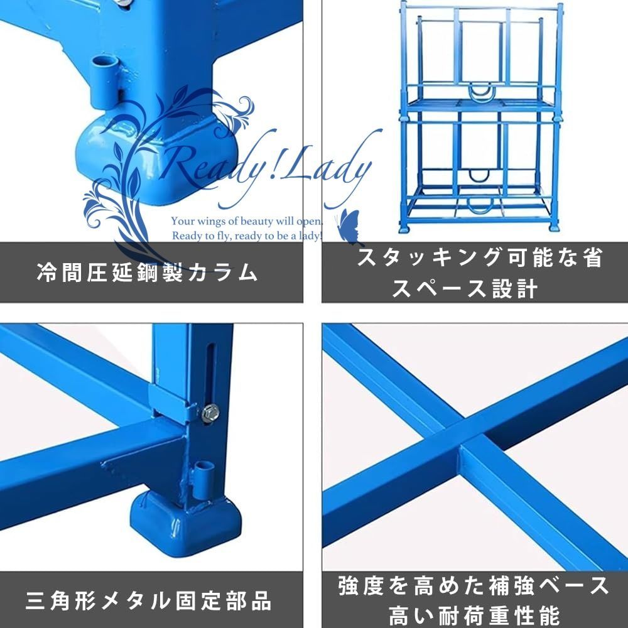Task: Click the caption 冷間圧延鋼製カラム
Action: [148, 272]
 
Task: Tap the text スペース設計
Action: [465, 289]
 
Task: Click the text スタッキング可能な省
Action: [480, 258]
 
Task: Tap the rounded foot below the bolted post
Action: [185, 521]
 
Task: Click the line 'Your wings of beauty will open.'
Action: [246, 222]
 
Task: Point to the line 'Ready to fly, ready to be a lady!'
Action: [246, 236]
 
